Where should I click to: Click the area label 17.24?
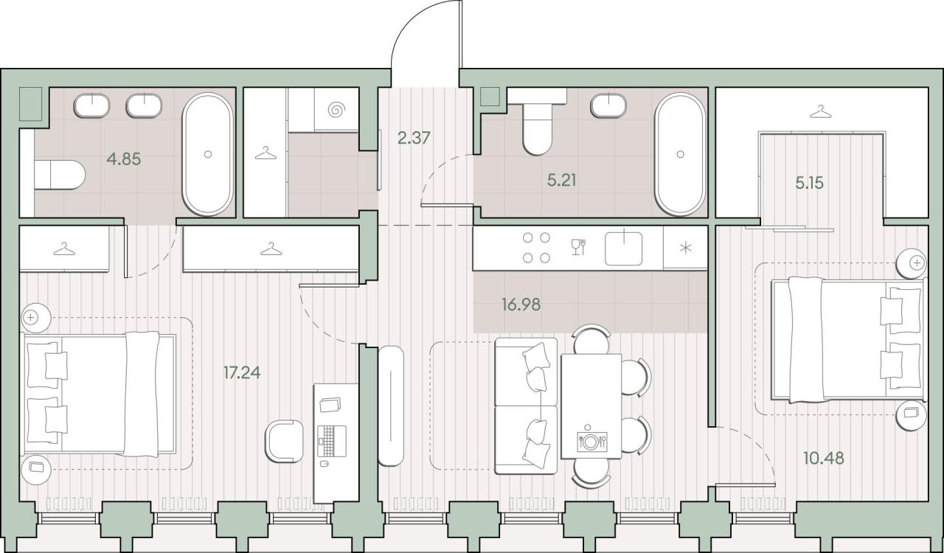242,372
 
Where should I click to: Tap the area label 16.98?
521,304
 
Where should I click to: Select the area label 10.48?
824,458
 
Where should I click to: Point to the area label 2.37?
414,138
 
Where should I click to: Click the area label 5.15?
810,184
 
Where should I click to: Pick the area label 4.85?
124,159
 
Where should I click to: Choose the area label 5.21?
562,181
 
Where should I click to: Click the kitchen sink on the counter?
624,248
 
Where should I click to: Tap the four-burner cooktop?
536,248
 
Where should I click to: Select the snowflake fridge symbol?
686,248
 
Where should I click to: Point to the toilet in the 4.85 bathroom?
60,175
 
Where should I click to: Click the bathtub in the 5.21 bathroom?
680,154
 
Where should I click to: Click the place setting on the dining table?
591,441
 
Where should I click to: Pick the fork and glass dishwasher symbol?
578,247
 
